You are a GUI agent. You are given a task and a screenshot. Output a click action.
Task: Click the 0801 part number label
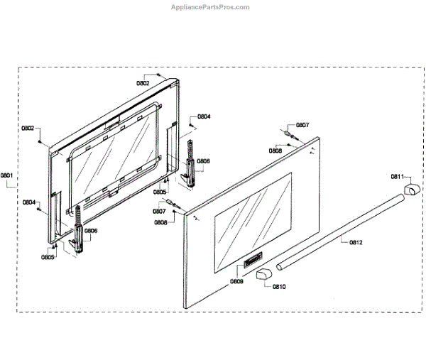click(7, 175)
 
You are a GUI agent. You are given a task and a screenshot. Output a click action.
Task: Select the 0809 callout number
click(236, 282)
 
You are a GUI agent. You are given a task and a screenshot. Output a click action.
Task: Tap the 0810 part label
click(278, 287)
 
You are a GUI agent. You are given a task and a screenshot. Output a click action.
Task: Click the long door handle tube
click(341, 231)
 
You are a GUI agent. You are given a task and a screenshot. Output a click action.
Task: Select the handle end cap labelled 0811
click(410, 189)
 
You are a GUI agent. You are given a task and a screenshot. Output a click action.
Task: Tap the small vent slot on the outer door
click(251, 263)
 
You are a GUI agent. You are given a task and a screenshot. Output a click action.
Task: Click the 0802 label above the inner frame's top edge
click(143, 83)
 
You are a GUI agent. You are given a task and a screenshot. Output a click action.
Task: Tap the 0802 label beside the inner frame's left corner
click(28, 129)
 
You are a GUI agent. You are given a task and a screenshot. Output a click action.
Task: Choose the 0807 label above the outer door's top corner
click(302, 125)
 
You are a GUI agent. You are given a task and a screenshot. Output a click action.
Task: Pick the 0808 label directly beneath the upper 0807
click(275, 151)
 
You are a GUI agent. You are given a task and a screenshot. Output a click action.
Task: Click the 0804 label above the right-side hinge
click(204, 116)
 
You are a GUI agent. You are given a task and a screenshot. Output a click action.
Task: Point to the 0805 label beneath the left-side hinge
click(48, 257)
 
